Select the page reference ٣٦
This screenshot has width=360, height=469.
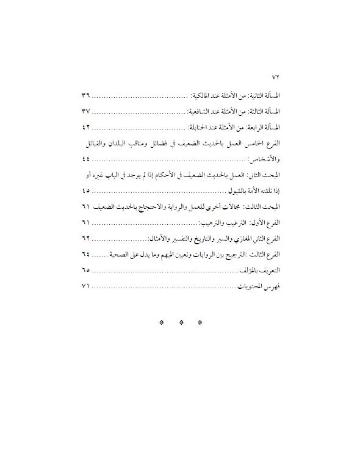pyautogui.click(x=85, y=97)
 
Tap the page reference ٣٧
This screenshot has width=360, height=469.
pyautogui.click(x=85, y=112)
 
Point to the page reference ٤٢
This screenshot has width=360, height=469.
pyautogui.click(x=85, y=128)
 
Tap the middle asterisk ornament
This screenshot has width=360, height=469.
pyautogui.click(x=180, y=322)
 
